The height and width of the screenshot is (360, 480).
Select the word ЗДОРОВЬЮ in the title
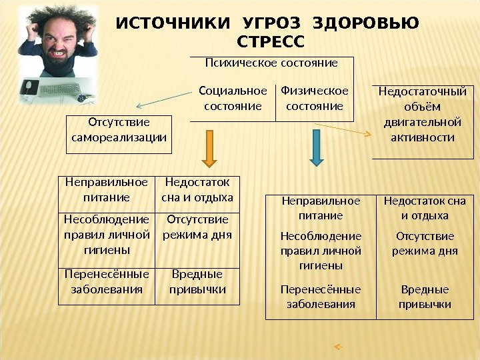pyautogui.click(x=365, y=24)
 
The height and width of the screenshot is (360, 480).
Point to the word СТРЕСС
pyautogui.click(x=270, y=43)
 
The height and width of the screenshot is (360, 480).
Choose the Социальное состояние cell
pyautogui.click(x=233, y=98)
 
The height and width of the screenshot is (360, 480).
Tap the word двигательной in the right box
pyautogui.click(x=423, y=123)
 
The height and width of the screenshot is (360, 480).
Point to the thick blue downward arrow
pyautogui.click(x=317, y=148)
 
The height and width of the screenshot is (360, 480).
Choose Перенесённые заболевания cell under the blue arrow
pyautogui.click(x=321, y=297)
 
